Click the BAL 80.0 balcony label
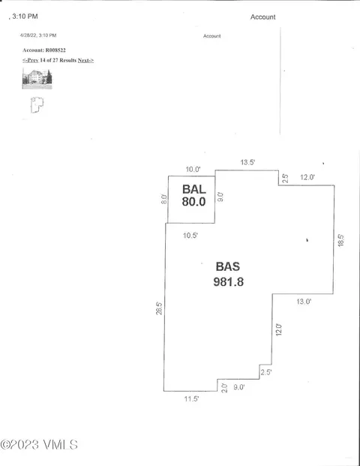(x=194, y=195)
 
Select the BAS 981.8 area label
(x=228, y=274)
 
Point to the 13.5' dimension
(x=248, y=162)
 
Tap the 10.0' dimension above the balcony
(x=193, y=170)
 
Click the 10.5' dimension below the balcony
(x=190, y=236)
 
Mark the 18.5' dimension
(x=340, y=240)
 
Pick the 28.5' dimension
(x=159, y=308)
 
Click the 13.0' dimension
(x=304, y=302)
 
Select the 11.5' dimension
(x=191, y=398)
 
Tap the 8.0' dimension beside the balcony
(x=164, y=199)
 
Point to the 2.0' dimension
(x=224, y=388)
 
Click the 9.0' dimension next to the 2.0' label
(x=239, y=387)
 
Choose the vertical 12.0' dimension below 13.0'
(x=278, y=329)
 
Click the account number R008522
(x=55, y=50)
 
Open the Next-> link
(x=85, y=60)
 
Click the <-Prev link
(x=30, y=60)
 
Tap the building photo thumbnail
(x=37, y=79)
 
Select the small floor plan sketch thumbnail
(x=37, y=105)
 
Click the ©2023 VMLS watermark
(x=39, y=444)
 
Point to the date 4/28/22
(x=28, y=35)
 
